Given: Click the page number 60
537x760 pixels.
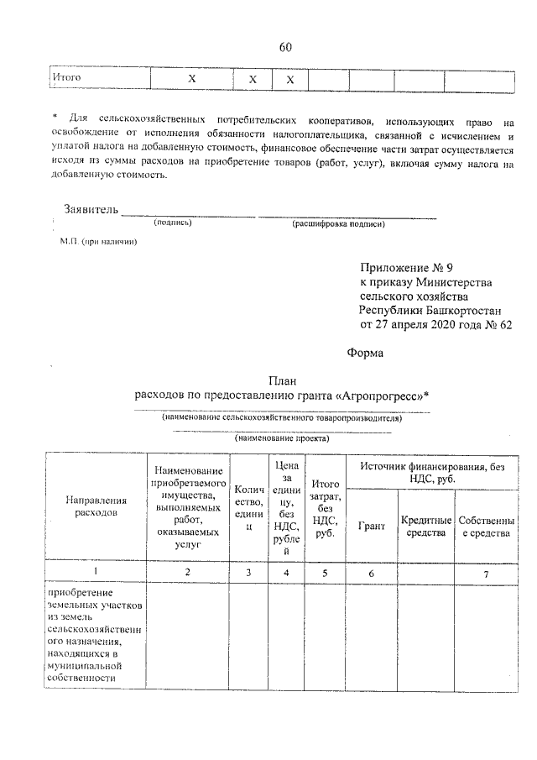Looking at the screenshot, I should [284, 47].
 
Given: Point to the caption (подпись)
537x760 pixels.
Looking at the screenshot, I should [173, 223].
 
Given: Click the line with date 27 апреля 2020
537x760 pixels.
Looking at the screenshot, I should [435, 323].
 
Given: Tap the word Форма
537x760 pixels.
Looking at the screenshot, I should [364, 354].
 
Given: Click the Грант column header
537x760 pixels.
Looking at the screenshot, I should [371, 526].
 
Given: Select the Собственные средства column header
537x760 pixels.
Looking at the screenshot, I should [487, 527].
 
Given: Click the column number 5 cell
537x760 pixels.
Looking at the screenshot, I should [324, 572].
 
